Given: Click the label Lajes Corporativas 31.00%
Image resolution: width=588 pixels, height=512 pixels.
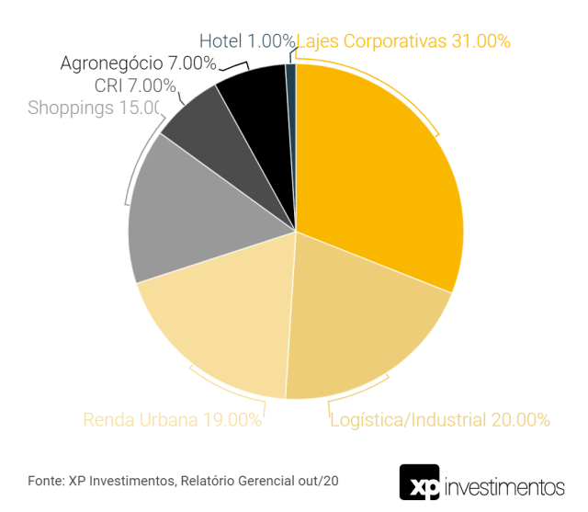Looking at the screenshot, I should (x=403, y=40).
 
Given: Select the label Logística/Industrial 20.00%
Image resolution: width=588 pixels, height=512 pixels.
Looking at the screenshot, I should (x=439, y=420).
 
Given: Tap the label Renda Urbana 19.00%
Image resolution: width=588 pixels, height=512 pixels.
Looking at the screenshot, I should (x=172, y=420).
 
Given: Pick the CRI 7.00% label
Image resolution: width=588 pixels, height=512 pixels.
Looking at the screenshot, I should (x=135, y=85).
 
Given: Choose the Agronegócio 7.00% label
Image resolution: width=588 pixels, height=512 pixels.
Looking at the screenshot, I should (x=138, y=63).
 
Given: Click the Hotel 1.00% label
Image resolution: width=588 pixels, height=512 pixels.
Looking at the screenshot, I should (x=246, y=40).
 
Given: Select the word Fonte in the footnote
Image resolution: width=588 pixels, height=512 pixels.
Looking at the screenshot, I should (x=45, y=481).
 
